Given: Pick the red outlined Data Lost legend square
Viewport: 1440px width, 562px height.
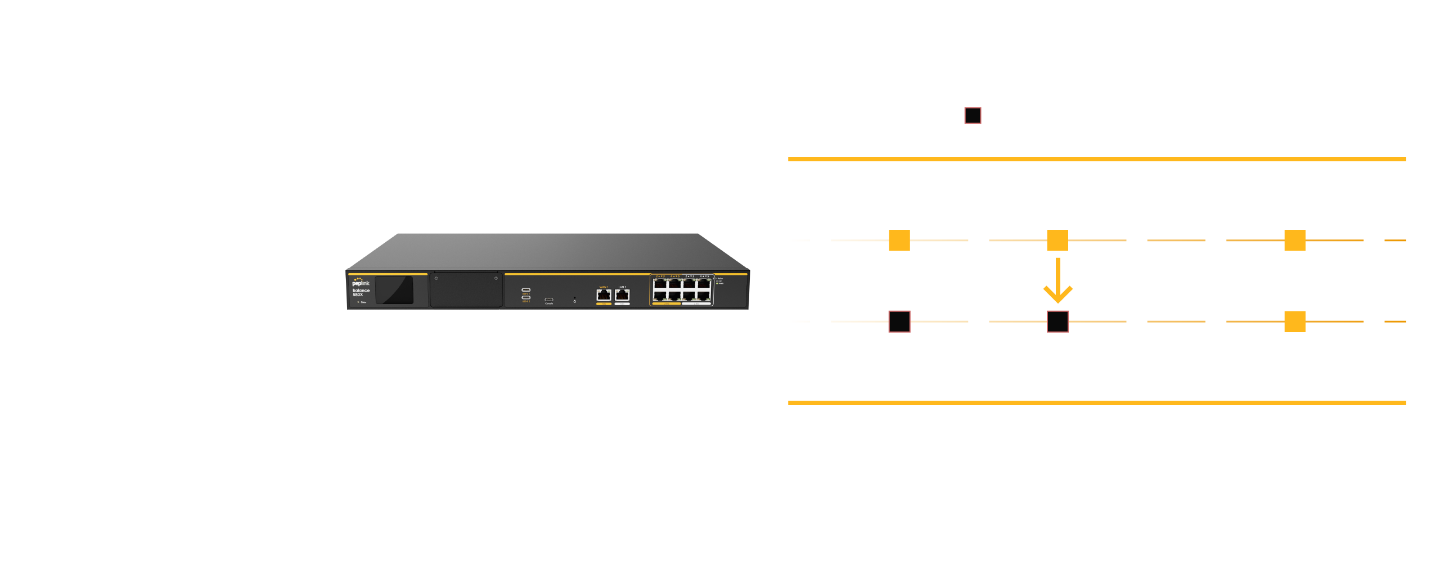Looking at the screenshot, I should pyautogui.click(x=973, y=116).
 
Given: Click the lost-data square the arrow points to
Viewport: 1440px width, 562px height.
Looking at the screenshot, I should pyautogui.click(x=1057, y=321).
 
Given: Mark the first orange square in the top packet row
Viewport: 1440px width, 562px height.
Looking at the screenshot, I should pyautogui.click(x=899, y=241).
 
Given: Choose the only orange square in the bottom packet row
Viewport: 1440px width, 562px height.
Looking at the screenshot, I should pyautogui.click(x=1294, y=321).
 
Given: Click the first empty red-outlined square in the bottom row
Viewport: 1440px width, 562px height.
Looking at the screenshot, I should pyautogui.click(x=899, y=321).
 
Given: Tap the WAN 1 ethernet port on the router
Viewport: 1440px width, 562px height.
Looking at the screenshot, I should pyautogui.click(x=604, y=295).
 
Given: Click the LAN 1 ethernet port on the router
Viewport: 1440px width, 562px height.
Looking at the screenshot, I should pyautogui.click(x=622, y=295).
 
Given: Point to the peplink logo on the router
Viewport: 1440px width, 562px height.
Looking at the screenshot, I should pyautogui.click(x=361, y=282).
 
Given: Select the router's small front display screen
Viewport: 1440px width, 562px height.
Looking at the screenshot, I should pyautogui.click(x=394, y=290).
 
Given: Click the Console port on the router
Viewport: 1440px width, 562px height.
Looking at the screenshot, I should pyautogui.click(x=548, y=300).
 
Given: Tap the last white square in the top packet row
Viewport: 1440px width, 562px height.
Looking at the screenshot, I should pyautogui.click(x=1374, y=241).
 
